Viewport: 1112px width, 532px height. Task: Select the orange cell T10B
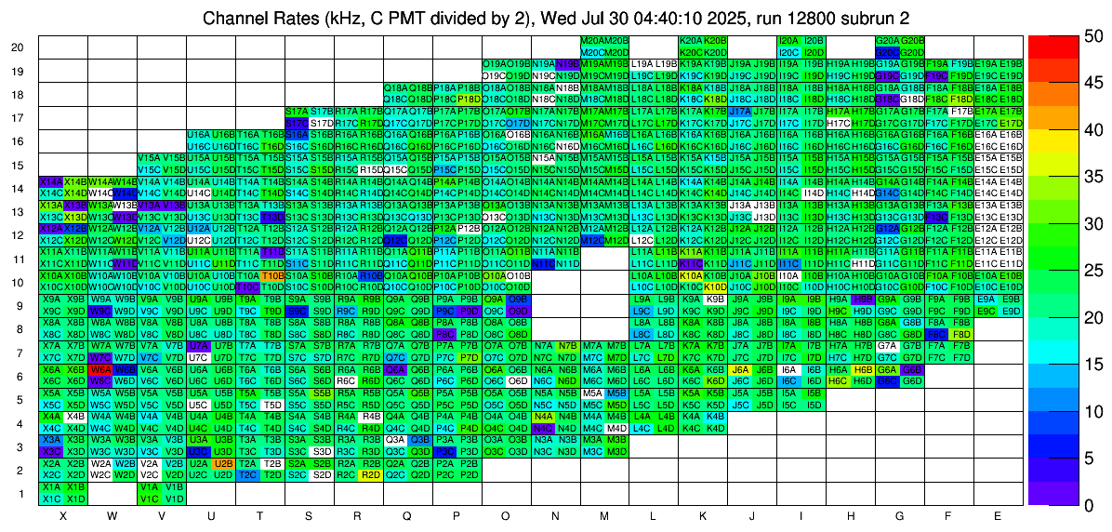pyautogui.click(x=271, y=275)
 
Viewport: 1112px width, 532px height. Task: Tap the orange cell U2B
pyautogui.click(x=222, y=463)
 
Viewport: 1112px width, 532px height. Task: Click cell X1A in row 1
pyautogui.click(x=50, y=486)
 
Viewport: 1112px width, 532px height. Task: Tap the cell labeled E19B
pyautogui.click(x=1013, y=64)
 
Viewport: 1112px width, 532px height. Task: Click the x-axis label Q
pyautogui.click(x=406, y=515)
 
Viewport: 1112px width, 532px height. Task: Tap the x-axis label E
pyautogui.click(x=998, y=515)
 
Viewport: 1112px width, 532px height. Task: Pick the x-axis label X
pyautogui.click(x=61, y=515)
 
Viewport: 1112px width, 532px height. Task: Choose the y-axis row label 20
pyautogui.click(x=18, y=47)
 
